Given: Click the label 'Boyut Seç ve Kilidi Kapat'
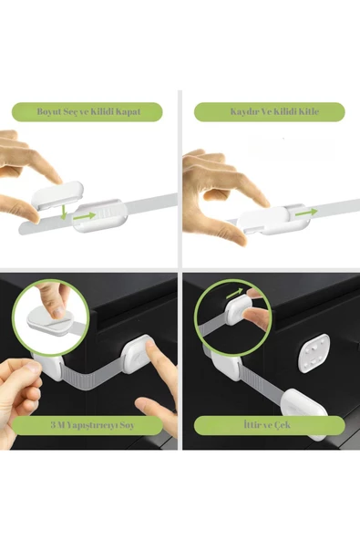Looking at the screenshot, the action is pos(88,111).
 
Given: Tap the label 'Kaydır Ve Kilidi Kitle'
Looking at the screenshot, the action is pos(274,111).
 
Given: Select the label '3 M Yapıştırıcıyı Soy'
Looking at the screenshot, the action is pos(92,425).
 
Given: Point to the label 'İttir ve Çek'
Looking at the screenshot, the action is pos(267,425).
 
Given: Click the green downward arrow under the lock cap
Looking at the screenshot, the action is pos(63,213).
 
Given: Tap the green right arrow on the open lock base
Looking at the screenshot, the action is pos(84,216).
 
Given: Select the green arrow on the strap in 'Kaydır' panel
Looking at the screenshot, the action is pos(306,213).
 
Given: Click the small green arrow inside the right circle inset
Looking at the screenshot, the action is pos(235,294).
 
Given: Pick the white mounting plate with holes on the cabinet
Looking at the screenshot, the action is pos(314,353).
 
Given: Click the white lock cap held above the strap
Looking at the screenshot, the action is pos(57,195).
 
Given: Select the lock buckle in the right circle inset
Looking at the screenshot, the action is pos(238,311).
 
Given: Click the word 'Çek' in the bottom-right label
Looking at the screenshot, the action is pos(283,425).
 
